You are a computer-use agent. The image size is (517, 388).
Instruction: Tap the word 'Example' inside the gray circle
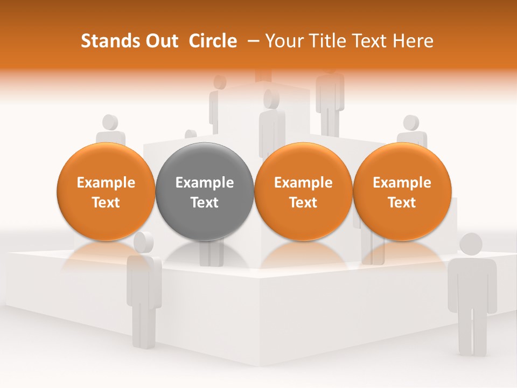click(205, 183)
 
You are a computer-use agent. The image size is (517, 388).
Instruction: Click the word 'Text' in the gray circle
click(205, 203)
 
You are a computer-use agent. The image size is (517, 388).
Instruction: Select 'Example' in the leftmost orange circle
click(106, 183)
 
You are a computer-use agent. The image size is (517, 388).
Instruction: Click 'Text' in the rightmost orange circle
click(402, 203)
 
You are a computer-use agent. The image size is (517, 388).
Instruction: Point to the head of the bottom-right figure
click(471, 244)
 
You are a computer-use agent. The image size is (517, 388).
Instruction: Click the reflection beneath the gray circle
click(204, 253)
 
